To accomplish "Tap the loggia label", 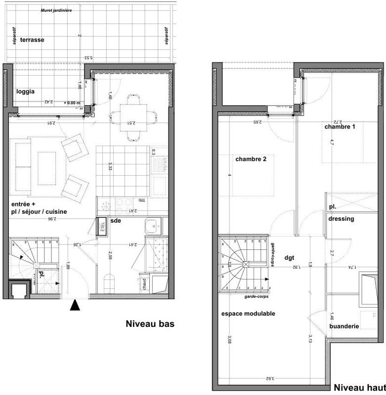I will point(25,91).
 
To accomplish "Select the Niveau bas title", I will point(150,324).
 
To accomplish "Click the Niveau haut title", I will point(359,388).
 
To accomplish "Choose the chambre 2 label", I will point(251,159).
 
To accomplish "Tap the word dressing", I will point(341,219).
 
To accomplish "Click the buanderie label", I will point(344,326).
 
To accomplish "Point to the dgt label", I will point(289,257).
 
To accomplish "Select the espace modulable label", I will point(248,314).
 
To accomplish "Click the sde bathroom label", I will point(116,221).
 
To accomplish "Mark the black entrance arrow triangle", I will point(75,306).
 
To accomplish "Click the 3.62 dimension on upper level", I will point(270,379).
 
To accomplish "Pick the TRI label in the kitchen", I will point(141,200).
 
